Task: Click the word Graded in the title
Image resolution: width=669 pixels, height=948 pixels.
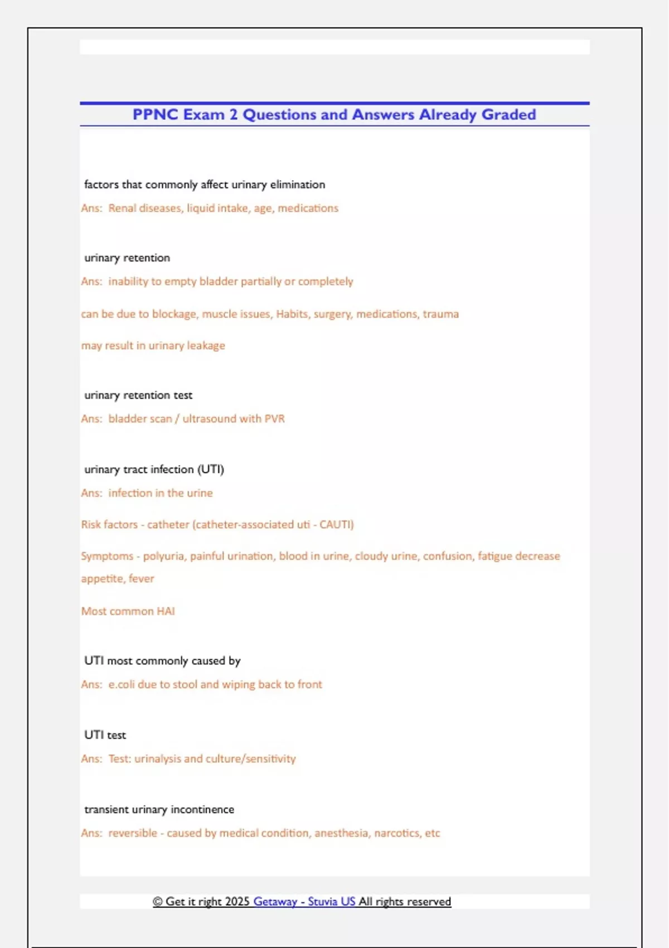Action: click(508, 114)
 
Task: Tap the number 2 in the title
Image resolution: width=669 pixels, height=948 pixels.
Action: click(233, 114)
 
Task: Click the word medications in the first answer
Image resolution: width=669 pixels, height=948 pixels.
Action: click(308, 208)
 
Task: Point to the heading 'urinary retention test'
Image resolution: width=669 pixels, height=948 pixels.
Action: click(138, 395)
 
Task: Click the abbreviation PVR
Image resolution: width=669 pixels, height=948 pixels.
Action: click(274, 419)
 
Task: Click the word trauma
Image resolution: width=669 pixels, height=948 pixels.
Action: click(440, 314)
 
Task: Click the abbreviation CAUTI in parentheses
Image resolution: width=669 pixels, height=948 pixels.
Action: click(336, 525)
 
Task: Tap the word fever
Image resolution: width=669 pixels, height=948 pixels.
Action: click(141, 579)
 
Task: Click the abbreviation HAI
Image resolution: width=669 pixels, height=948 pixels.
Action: click(166, 611)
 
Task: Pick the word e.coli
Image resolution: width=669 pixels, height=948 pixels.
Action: click(122, 684)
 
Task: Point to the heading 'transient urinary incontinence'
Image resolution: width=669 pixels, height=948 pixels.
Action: click(159, 810)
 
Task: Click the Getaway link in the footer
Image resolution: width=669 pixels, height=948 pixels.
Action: click(275, 902)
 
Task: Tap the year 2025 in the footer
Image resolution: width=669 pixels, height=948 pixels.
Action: click(237, 902)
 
